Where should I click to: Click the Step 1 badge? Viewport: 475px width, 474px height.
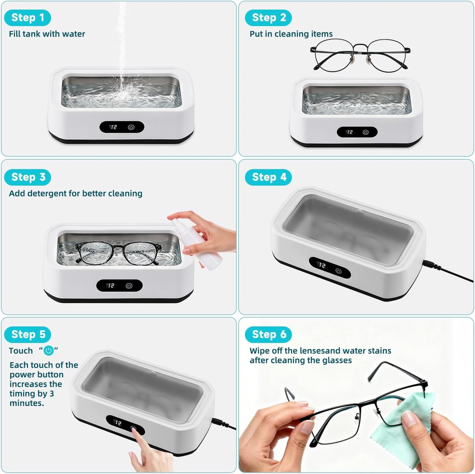click(28, 18)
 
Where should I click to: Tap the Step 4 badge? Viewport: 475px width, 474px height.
click(268, 177)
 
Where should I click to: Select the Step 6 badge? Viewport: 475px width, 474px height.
click(268, 334)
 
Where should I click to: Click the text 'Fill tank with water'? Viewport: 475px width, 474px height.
click(47, 34)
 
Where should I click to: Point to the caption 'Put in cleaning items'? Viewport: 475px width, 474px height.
click(291, 34)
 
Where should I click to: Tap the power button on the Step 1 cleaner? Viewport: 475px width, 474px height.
click(131, 127)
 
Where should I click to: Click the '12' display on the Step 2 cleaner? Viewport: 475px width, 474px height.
click(350, 133)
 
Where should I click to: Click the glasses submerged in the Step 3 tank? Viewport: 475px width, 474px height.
click(118, 253)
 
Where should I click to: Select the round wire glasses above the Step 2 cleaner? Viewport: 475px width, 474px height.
click(360, 55)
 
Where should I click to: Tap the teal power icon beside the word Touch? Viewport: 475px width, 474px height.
click(49, 351)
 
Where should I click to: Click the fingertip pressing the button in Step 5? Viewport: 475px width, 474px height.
click(134, 429)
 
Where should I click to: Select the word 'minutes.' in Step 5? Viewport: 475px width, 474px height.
click(27, 403)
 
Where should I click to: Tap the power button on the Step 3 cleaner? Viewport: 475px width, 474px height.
click(129, 286)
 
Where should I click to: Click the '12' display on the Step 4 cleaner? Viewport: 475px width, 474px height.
click(322, 265)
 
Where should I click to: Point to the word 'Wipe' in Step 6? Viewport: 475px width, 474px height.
click(259, 351)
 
